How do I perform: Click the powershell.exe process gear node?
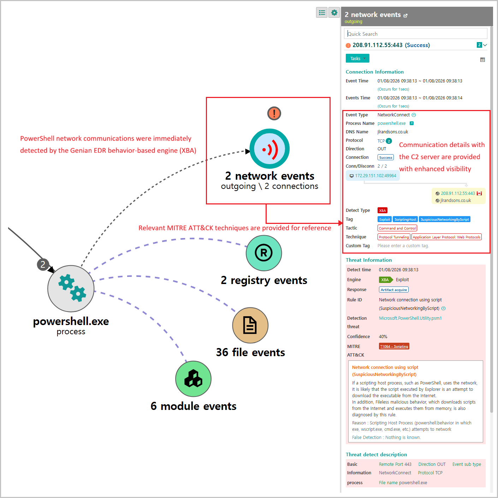pyautogui.click(x=71, y=289)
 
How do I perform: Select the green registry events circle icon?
pyautogui.click(x=264, y=253)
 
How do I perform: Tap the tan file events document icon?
pyautogui.click(x=250, y=325)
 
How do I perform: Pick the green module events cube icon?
pyautogui.click(x=193, y=379)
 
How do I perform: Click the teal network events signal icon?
pyautogui.click(x=269, y=149)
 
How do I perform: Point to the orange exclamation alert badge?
pyautogui.click(x=274, y=114)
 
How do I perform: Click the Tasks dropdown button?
pyautogui.click(x=357, y=58)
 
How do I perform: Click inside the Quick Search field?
pyautogui.click(x=415, y=34)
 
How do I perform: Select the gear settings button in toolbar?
pyautogui.click(x=334, y=13)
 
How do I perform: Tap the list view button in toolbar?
pyautogui.click(x=322, y=13)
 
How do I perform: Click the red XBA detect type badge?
pyautogui.click(x=383, y=210)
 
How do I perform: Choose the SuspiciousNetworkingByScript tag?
pyautogui.click(x=445, y=219)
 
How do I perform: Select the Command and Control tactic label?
pyautogui.click(x=397, y=228)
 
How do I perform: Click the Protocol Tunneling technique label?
pyautogui.click(x=394, y=237)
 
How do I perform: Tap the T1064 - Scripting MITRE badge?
pyautogui.click(x=394, y=346)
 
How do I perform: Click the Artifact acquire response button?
pyautogui.click(x=394, y=290)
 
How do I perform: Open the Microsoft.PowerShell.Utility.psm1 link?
pyautogui.click(x=410, y=318)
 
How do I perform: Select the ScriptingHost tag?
pyautogui.click(x=405, y=219)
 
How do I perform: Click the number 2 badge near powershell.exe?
pyautogui.click(x=43, y=264)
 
